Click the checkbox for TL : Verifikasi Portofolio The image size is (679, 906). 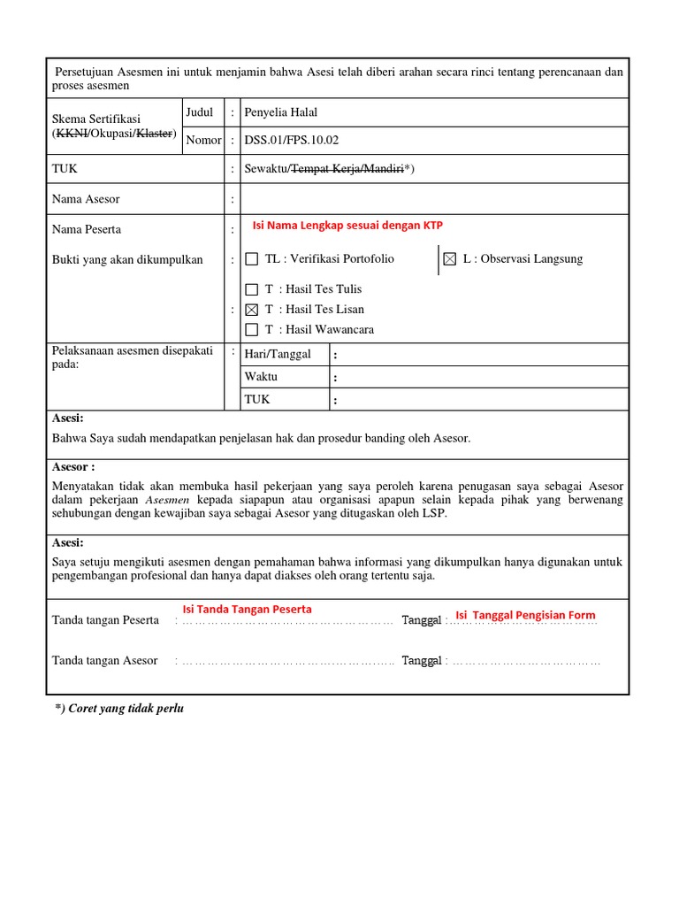[x=252, y=259]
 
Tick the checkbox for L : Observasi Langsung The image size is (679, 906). [x=450, y=259]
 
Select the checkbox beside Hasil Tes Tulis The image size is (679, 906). [x=252, y=289]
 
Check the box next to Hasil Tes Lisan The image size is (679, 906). [x=252, y=310]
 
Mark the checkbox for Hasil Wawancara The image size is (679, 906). [x=252, y=330]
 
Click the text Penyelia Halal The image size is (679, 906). [x=280, y=112]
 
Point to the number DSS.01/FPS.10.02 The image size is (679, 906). [x=291, y=140]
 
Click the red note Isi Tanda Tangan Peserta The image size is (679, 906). [x=247, y=609]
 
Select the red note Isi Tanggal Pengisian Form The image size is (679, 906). [x=525, y=615]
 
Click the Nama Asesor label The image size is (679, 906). [x=86, y=199]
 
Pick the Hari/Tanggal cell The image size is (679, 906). [x=278, y=354]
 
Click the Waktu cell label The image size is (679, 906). [x=261, y=377]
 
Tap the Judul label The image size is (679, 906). [x=200, y=112]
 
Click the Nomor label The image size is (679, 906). [x=203, y=140]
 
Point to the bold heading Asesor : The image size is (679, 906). [x=73, y=466]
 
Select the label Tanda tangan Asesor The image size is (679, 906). [x=104, y=661]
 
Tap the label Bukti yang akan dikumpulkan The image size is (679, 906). [x=127, y=259]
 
